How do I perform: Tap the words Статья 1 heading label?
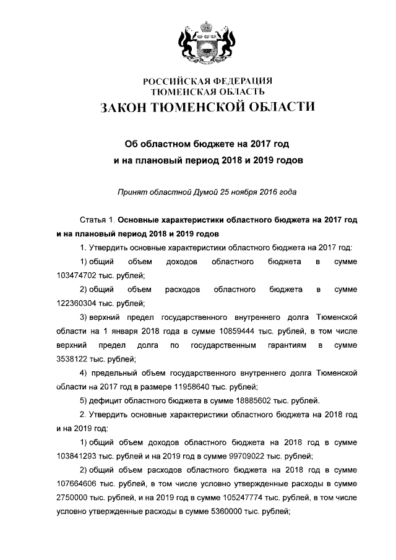[97, 220]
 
